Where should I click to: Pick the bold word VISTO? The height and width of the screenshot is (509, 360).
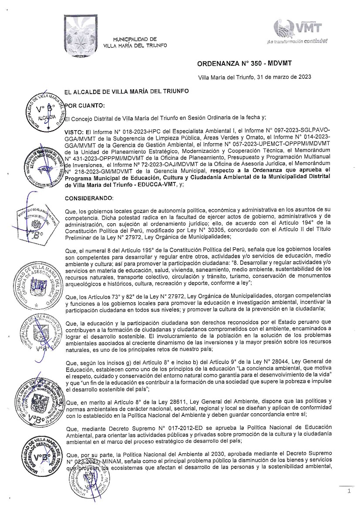(x=74, y=131)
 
